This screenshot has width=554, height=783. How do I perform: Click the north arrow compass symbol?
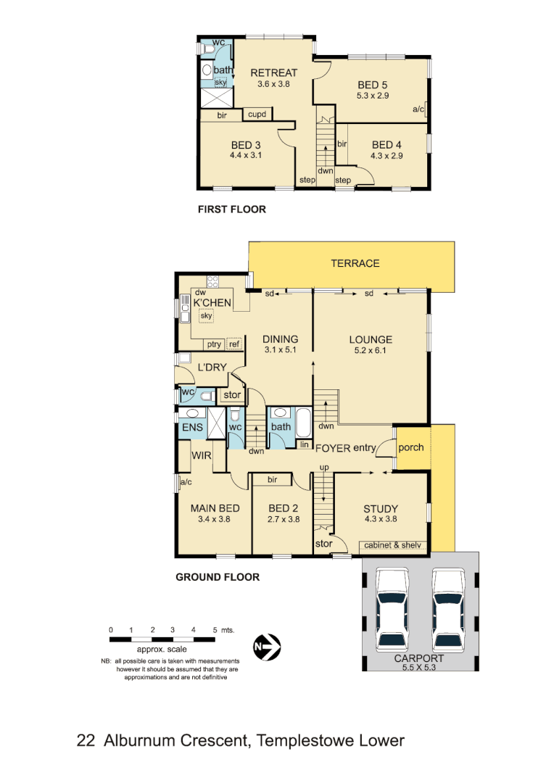click(266, 645)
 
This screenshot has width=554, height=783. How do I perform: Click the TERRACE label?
click(355, 263)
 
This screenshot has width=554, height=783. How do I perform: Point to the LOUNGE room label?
click(371, 339)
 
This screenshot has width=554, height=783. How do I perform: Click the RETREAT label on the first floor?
click(273, 72)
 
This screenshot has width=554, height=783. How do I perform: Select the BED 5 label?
click(372, 84)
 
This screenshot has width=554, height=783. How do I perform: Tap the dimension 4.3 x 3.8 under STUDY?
click(381, 519)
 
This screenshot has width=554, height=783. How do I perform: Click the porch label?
click(411, 447)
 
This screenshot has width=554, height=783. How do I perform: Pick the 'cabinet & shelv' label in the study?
click(392, 545)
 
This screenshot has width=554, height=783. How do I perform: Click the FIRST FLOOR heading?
click(232, 210)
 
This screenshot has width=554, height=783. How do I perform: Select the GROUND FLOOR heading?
click(218, 578)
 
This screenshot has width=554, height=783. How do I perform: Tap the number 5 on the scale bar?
click(215, 630)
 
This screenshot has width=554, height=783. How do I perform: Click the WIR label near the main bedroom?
click(201, 455)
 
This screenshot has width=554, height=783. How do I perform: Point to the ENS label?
click(192, 428)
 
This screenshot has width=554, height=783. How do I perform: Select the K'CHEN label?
click(212, 304)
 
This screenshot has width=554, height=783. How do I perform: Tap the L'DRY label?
click(209, 368)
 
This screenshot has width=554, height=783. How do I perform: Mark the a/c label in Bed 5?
click(418, 109)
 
